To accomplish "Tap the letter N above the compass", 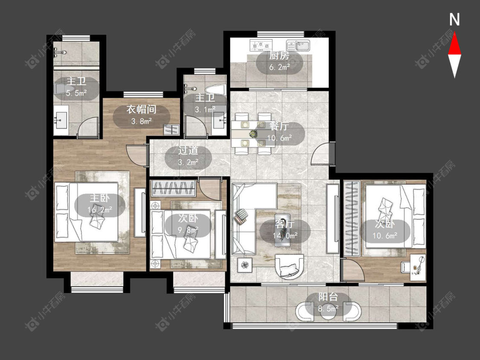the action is [x=454, y=19].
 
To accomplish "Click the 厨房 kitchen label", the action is [x=279, y=56].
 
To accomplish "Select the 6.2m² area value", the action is [x=279, y=67].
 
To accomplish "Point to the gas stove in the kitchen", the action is [x=261, y=46].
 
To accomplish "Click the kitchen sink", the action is [x=298, y=46].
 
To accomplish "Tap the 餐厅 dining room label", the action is [x=279, y=126].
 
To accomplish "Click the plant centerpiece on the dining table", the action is [x=253, y=134].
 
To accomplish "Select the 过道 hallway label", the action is [x=188, y=151].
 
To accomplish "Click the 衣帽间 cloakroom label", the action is [x=141, y=110].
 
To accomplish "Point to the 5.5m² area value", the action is [x=76, y=93].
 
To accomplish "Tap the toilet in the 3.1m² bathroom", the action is [x=215, y=90].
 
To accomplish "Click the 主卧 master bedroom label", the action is [x=99, y=198].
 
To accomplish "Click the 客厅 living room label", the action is [x=285, y=224].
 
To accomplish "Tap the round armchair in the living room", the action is [x=289, y=266].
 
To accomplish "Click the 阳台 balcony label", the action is [x=328, y=297].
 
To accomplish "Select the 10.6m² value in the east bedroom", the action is [x=385, y=236].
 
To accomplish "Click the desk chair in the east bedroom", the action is [x=405, y=266].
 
